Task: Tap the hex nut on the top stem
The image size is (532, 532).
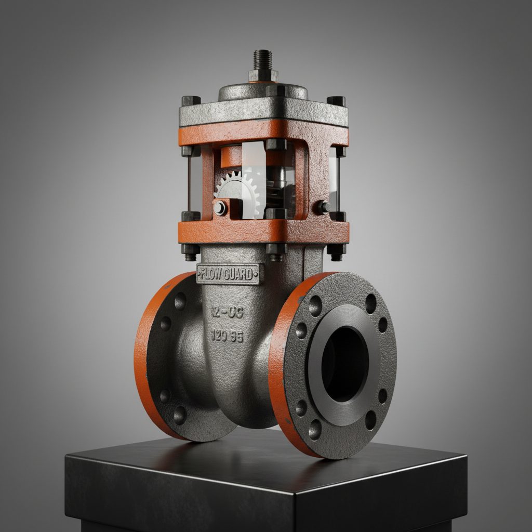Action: (x=263, y=75)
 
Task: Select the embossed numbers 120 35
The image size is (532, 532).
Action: (x=228, y=336)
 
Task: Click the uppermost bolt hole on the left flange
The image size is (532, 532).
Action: (x=180, y=301)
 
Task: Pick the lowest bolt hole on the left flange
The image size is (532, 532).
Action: (x=180, y=415)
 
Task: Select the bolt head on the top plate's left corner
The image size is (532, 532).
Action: (x=191, y=101)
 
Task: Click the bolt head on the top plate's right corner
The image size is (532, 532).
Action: (x=336, y=101)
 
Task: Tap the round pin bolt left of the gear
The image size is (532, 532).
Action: (x=220, y=208)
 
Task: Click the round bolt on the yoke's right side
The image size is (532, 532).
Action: (x=323, y=207)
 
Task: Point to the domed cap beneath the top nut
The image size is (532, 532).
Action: (x=262, y=91)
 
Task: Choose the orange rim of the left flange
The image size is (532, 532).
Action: (x=141, y=364)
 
